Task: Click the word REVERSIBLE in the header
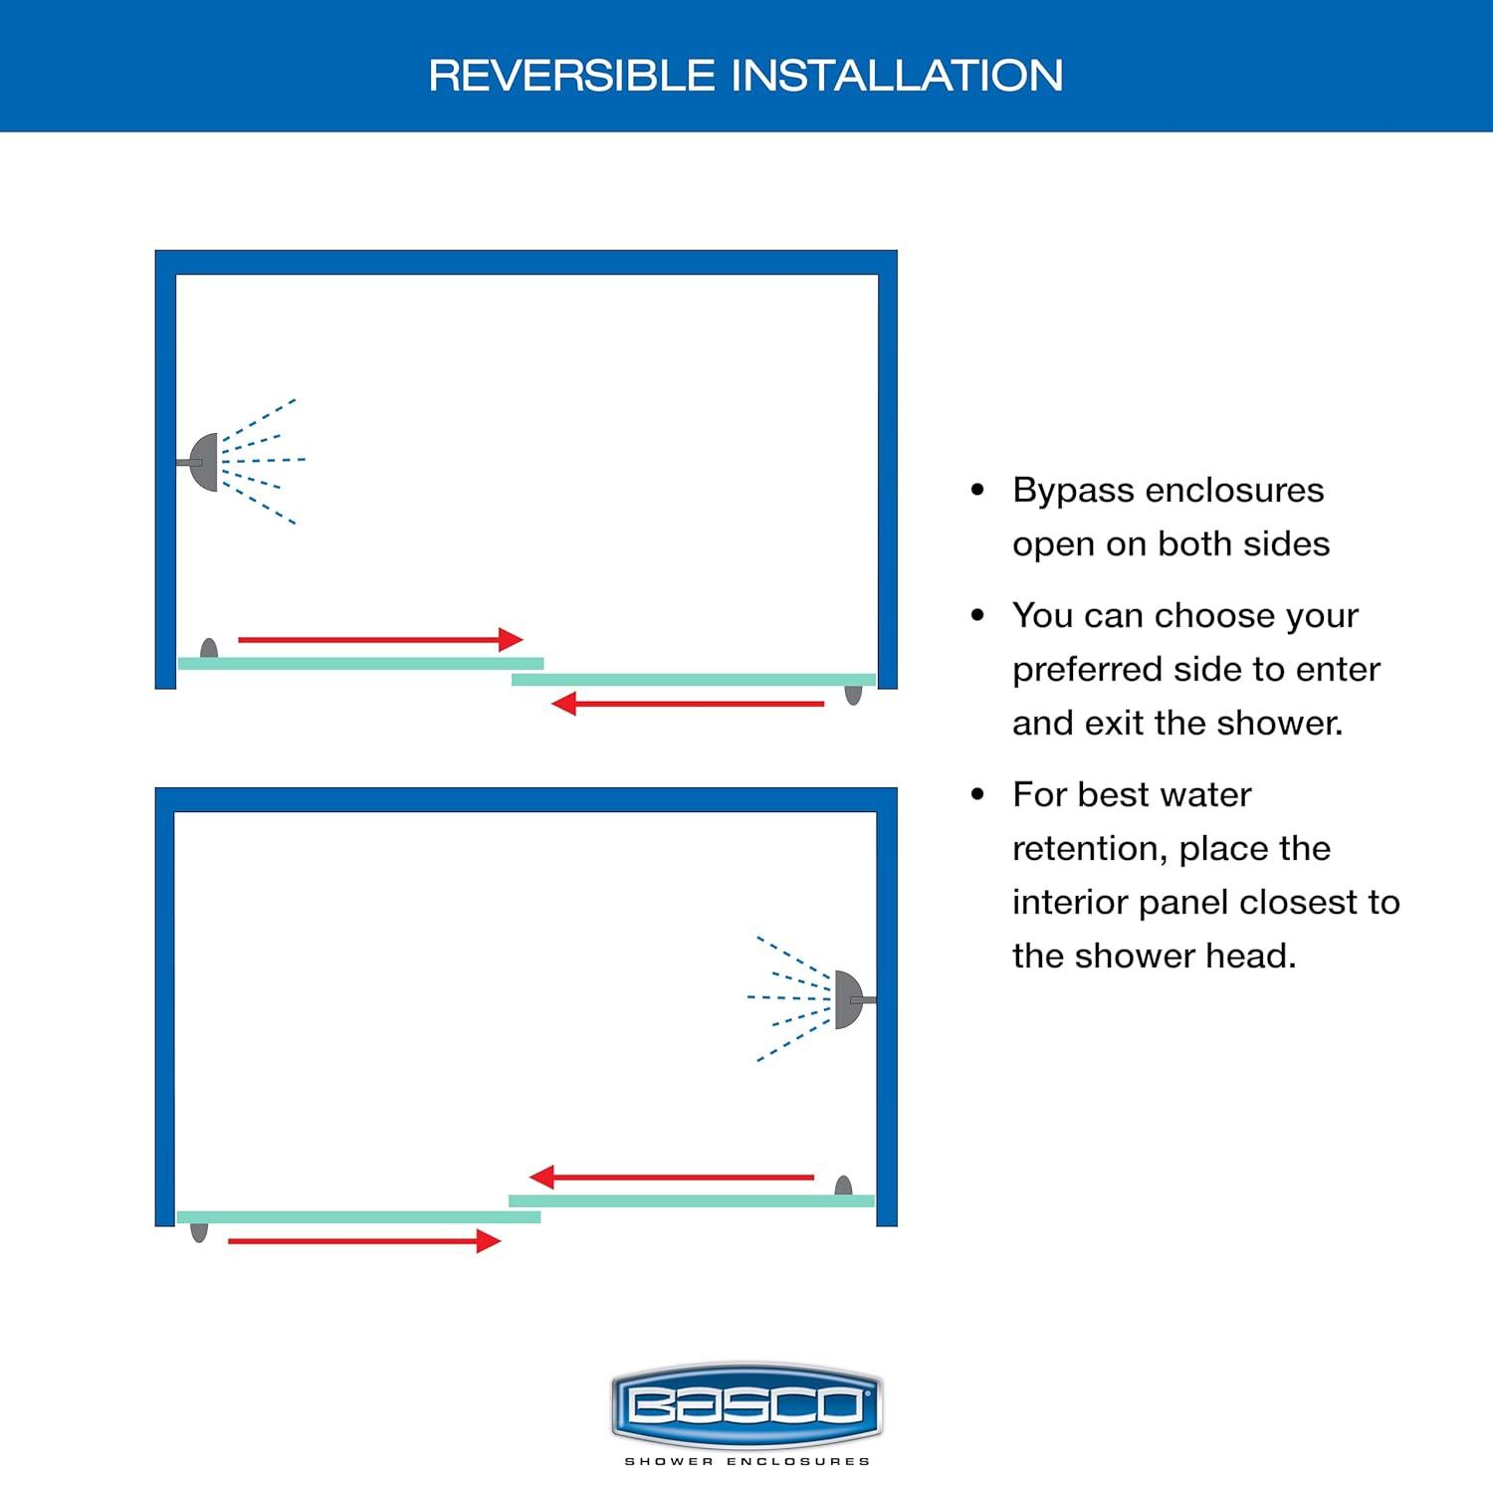[571, 76]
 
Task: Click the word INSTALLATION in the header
[897, 76]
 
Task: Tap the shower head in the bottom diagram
[848, 999]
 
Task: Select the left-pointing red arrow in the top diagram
[688, 704]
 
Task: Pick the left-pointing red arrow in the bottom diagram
[672, 1177]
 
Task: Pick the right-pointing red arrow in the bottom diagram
[364, 1241]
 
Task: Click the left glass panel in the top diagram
[360, 664]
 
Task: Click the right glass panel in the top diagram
[694, 680]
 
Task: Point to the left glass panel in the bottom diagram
[358, 1216]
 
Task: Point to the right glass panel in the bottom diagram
[692, 1200]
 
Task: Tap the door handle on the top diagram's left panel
[209, 649]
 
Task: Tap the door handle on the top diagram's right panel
[853, 694]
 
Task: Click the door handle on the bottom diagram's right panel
[843, 1186]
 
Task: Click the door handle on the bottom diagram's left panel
[199, 1231]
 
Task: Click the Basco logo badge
[746, 1405]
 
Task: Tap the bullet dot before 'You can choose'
[977, 615]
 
